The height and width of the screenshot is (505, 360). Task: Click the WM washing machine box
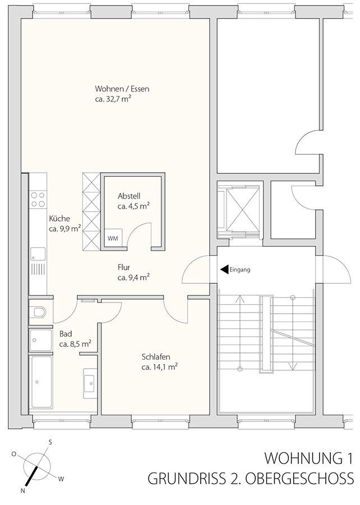coord(113,238)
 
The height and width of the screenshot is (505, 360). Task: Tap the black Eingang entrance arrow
coord(224,269)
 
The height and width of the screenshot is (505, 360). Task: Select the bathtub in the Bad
coord(41,382)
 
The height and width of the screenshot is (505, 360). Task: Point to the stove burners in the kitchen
coord(38,199)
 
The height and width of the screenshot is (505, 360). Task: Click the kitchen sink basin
coord(38,254)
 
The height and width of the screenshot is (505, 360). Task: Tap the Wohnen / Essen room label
coord(122,89)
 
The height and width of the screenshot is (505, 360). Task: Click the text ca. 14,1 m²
coord(160,367)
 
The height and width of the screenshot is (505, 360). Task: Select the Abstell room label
coord(129,196)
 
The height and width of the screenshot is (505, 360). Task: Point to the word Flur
coord(124,267)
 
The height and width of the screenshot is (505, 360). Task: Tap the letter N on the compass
coord(22,491)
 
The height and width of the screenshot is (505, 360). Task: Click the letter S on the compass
coord(50,442)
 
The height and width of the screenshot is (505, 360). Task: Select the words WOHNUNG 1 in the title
coord(308,458)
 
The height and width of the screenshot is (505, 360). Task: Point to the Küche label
coord(59,219)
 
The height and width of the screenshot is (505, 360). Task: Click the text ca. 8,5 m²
coord(75,344)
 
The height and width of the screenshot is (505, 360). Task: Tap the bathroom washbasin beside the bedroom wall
coord(90,383)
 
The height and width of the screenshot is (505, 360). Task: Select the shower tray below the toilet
coord(40,340)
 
